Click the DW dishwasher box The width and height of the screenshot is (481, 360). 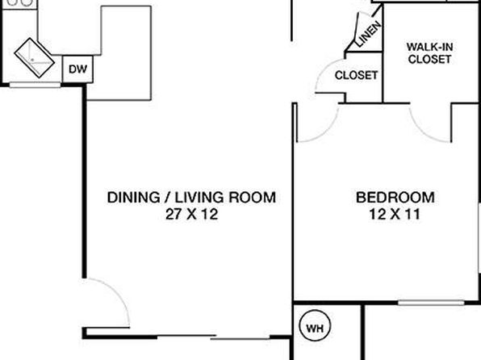pyautogui.click(x=77, y=69)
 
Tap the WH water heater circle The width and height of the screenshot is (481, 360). pyautogui.click(x=315, y=326)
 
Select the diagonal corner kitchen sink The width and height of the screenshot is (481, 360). pyautogui.click(x=35, y=57)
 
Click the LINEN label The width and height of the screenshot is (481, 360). pyautogui.click(x=369, y=34)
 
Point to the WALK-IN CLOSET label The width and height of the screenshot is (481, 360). pyautogui.click(x=430, y=52)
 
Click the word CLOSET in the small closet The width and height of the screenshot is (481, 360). pyautogui.click(x=356, y=75)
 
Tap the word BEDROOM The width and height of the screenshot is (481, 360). pyautogui.click(x=395, y=197)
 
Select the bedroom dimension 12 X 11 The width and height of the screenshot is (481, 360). pyautogui.click(x=395, y=214)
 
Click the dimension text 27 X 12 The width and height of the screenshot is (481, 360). pyautogui.click(x=192, y=214)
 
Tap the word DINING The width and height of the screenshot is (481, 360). pyautogui.click(x=133, y=197)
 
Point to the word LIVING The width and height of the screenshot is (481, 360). pyautogui.click(x=199, y=197)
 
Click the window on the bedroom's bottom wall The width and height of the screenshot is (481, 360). pyautogui.click(x=431, y=303)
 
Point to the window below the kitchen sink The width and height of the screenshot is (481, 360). pyautogui.click(x=35, y=85)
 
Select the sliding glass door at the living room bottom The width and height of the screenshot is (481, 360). pyautogui.click(x=214, y=337)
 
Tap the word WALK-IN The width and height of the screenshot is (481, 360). pyautogui.click(x=430, y=47)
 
